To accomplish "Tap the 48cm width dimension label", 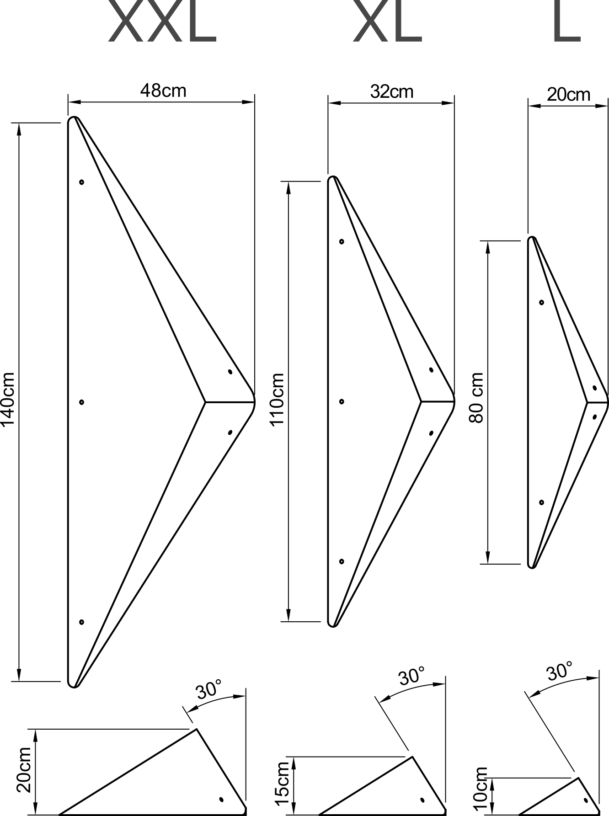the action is pyautogui.click(x=163, y=91).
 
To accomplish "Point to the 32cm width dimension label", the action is pyautogui.click(x=392, y=91).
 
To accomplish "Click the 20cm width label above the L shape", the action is pyautogui.click(x=568, y=95).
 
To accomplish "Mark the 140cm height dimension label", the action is pyautogui.click(x=8, y=399).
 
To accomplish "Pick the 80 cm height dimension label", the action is pyautogui.click(x=476, y=398).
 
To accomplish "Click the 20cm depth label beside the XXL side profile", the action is pyautogui.click(x=24, y=770).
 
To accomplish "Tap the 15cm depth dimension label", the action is pyautogui.click(x=283, y=783).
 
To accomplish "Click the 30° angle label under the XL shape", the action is pyautogui.click(x=411, y=676).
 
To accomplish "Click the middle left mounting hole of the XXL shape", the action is pyautogui.click(x=81, y=402).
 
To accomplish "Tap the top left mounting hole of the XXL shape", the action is pyautogui.click(x=81, y=182).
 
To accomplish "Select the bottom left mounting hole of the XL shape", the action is pyautogui.click(x=342, y=561).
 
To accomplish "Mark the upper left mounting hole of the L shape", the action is pyautogui.click(x=542, y=302).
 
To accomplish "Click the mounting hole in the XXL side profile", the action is pyautogui.click(x=221, y=800).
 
